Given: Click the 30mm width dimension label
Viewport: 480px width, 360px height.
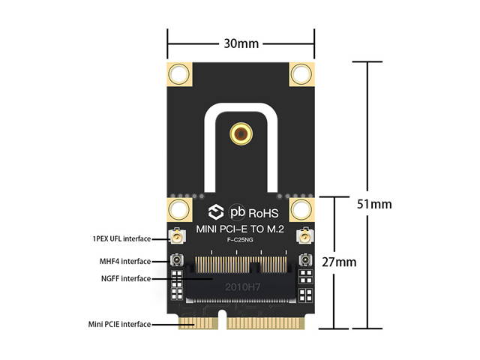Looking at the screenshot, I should (241, 43).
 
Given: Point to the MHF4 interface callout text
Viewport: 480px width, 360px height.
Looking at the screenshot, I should (124, 262).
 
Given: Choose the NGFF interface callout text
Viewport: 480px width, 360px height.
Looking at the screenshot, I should (124, 279).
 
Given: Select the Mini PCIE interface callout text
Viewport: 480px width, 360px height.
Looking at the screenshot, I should (118, 324).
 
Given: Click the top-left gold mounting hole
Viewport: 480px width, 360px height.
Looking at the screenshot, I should (179, 74).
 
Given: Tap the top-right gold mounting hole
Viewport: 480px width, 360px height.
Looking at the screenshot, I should (301, 74).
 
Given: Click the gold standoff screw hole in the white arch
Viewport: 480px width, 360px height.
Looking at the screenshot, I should (241, 135).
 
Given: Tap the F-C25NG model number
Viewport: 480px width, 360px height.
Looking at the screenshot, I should (240, 241).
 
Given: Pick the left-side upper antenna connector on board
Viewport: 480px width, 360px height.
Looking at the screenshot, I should (178, 239).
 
